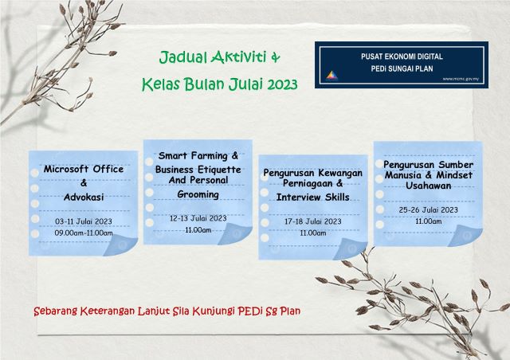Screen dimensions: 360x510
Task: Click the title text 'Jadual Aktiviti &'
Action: pyautogui.click(x=220, y=57)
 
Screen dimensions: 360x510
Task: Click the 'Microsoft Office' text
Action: pyautogui.click(x=83, y=169)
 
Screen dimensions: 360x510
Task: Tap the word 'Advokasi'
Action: pyautogui.click(x=83, y=195)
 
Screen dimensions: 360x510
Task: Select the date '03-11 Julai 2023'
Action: pyautogui.click(x=83, y=221)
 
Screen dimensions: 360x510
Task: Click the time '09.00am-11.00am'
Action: pyautogui.click(x=83, y=233)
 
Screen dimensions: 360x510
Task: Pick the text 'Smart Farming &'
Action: pyautogui.click(x=198, y=155)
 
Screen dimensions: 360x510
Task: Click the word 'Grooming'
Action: pyautogui.click(x=198, y=194)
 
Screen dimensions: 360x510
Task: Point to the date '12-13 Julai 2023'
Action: pyautogui.click(x=198, y=217)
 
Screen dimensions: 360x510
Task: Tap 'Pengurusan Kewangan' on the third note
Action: pyautogui.click(x=313, y=172)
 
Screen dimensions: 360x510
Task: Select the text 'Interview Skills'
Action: pyautogui.click(x=313, y=198)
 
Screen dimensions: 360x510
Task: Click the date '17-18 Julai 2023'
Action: pyautogui.click(x=313, y=221)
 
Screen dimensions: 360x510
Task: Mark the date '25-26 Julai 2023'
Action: pyautogui.click(x=428, y=209)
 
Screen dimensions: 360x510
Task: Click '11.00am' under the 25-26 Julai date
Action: pyautogui.click(x=428, y=221)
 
